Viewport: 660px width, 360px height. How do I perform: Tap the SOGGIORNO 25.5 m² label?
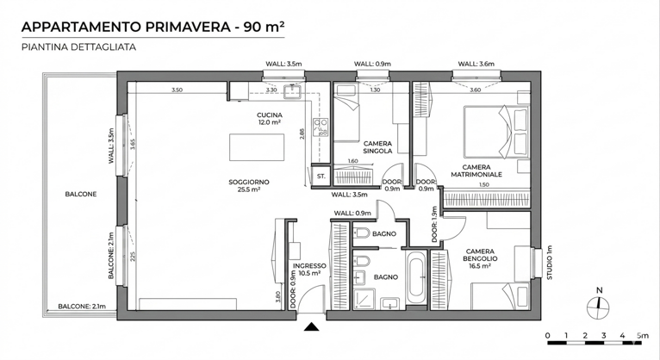tap(249, 185)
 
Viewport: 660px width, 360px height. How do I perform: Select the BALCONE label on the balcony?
tap(81, 195)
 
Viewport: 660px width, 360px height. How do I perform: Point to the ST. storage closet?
tap(321, 176)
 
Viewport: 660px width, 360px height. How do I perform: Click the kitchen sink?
tap(293, 90)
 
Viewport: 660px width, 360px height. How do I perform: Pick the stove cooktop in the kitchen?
tap(321, 127)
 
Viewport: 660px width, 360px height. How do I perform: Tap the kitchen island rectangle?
tap(257, 147)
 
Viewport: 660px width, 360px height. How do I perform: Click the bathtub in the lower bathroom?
tap(416, 277)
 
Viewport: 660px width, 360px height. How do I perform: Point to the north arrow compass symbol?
tap(598, 305)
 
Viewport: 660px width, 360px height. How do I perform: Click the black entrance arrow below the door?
tap(311, 326)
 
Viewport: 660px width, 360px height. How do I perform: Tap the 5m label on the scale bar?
tap(643, 336)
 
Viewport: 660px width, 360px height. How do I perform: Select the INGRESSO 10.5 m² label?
tap(309, 270)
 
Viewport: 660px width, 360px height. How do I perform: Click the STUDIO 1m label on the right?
tap(549, 263)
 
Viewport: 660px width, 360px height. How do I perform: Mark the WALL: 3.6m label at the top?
tap(476, 64)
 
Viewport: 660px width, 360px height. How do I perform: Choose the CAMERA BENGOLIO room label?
tap(480, 258)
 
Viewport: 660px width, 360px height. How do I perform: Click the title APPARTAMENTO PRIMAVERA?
tap(127, 27)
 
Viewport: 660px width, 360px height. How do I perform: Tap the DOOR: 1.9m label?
tap(435, 224)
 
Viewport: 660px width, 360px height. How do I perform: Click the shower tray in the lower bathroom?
tap(364, 299)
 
